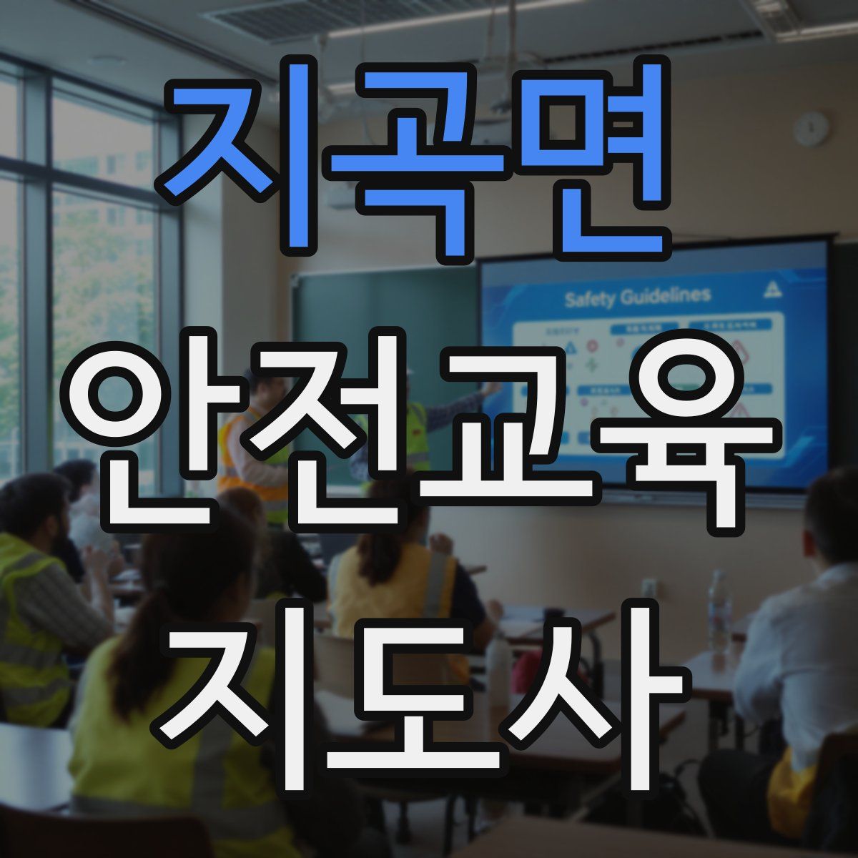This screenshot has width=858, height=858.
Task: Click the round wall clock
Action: [812, 129]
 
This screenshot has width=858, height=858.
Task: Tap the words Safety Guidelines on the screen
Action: [637, 297]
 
